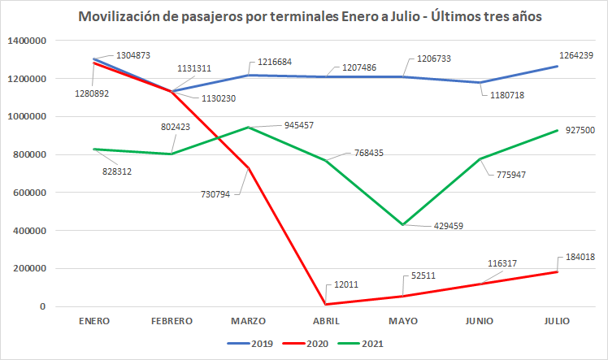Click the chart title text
pyautogui.click(x=304, y=16)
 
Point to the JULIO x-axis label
pyautogui.click(x=558, y=321)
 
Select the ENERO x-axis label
pyautogui.click(x=94, y=321)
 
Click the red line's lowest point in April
pyautogui.click(x=327, y=305)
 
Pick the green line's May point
pyautogui.click(x=404, y=225)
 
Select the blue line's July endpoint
pyautogui.click(x=558, y=66)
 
